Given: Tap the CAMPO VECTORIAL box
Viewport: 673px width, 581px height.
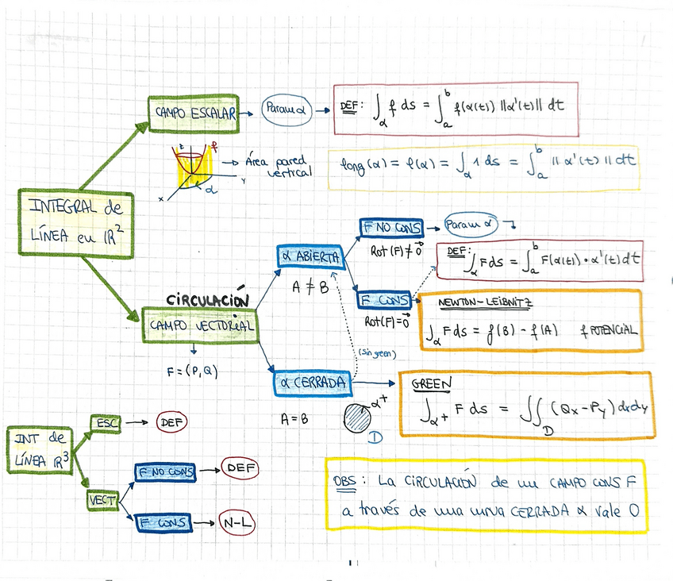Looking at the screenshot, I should click(x=202, y=325).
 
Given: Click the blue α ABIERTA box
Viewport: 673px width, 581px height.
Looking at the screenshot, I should click(x=309, y=257).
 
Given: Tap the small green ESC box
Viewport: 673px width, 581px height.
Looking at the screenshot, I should click(x=106, y=424).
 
